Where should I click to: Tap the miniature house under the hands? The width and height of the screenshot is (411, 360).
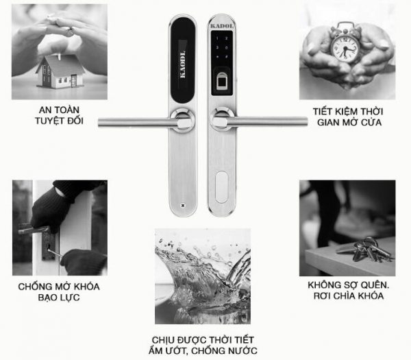pyautogui.click(x=60, y=71)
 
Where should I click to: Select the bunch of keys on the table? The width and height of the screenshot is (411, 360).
pyautogui.click(x=365, y=250)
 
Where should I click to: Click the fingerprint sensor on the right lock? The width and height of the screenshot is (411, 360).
pyautogui.click(x=222, y=82)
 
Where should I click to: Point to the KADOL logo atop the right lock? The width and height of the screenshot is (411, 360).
pyautogui.click(x=222, y=26)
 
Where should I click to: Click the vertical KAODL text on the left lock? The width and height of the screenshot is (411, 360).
pyautogui.click(x=183, y=64)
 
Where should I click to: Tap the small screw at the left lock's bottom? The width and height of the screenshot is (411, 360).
pyautogui.click(x=183, y=206)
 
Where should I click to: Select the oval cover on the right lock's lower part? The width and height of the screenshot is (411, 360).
pyautogui.click(x=221, y=187)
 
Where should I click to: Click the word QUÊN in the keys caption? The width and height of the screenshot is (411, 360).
pyautogui.click(x=374, y=285)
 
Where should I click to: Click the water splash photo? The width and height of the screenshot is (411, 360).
pyautogui.click(x=203, y=276)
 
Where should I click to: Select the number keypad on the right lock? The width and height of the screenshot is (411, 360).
pyautogui.click(x=222, y=47)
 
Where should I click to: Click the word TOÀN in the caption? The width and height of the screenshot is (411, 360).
pyautogui.click(x=66, y=110)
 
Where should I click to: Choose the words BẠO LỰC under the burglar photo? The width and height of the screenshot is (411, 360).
pyautogui.click(x=59, y=298)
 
